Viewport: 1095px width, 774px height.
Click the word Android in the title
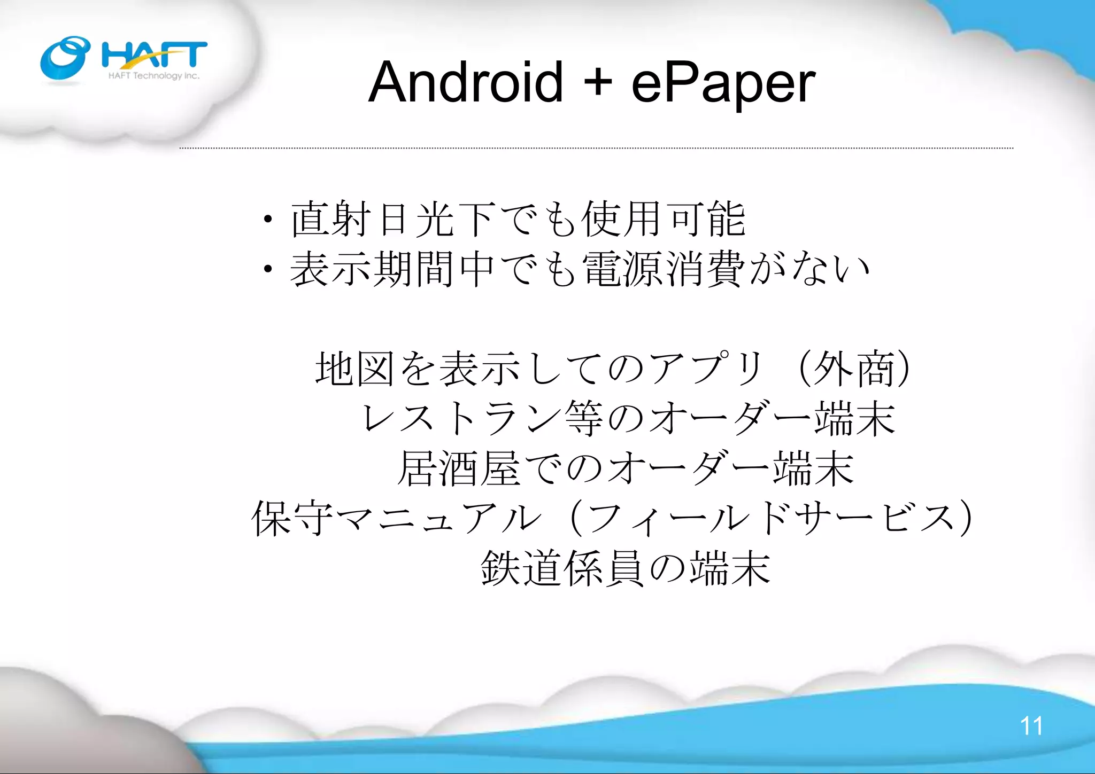click(466, 83)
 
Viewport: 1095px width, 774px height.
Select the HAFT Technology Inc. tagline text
click(154, 76)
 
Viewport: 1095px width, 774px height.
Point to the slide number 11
click(1031, 726)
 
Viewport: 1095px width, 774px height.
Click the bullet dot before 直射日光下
click(268, 220)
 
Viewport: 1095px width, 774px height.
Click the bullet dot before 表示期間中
click(268, 270)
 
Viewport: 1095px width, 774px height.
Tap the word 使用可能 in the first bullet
click(663, 219)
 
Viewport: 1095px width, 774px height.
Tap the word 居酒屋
click(458, 468)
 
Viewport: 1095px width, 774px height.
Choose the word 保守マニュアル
click(396, 518)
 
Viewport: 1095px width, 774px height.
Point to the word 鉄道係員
click(561, 568)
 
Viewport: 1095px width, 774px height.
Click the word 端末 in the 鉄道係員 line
click(729, 568)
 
